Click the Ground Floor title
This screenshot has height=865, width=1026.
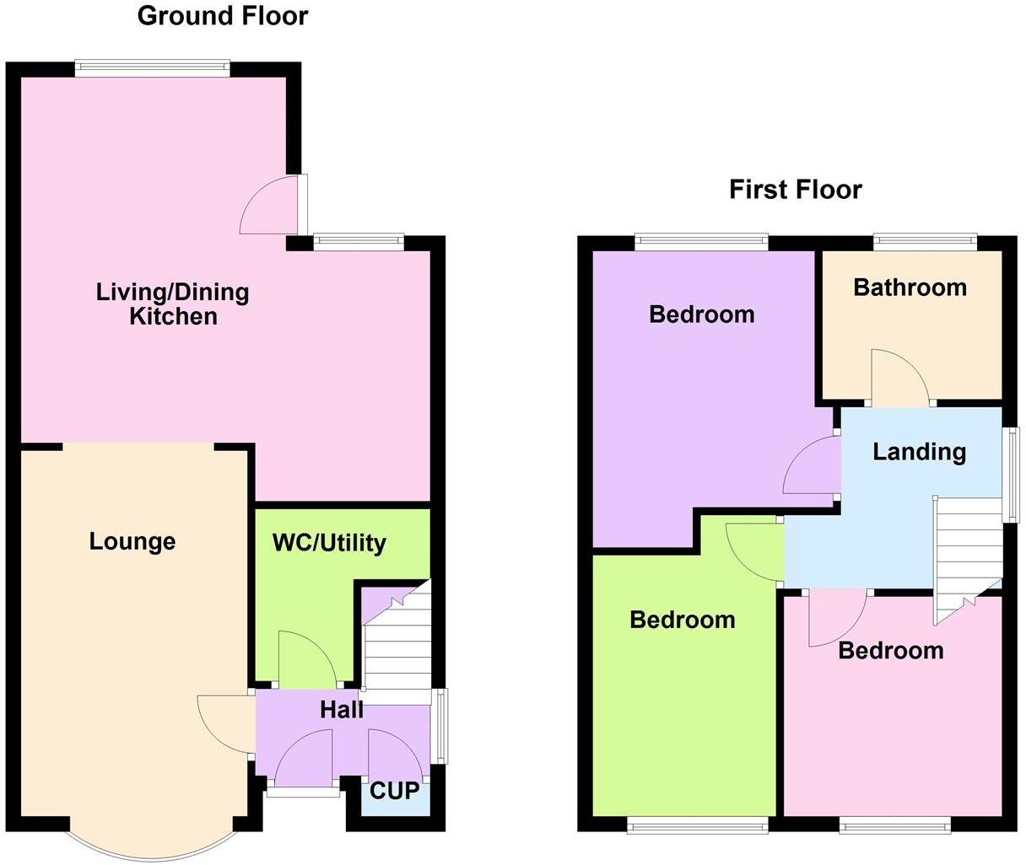[x=223, y=15]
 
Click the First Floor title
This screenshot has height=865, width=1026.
[x=795, y=190]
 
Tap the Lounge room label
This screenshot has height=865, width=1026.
[x=132, y=541]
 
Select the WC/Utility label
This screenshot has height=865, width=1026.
[x=329, y=543]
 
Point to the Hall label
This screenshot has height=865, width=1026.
[x=342, y=710]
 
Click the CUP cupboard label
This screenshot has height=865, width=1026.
[x=394, y=791]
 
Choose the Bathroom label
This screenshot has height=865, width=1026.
[x=910, y=287]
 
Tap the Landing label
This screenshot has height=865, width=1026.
[x=919, y=452]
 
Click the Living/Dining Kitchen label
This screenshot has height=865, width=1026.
[x=173, y=304]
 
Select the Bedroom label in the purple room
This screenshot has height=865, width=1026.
[x=701, y=314]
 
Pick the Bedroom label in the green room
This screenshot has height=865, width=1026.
[x=683, y=621]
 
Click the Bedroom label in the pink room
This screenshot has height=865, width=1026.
[x=890, y=651]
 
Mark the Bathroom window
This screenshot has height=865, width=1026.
[x=925, y=244]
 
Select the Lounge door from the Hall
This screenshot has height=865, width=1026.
[x=224, y=723]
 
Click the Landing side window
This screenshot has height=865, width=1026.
[x=1011, y=475]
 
